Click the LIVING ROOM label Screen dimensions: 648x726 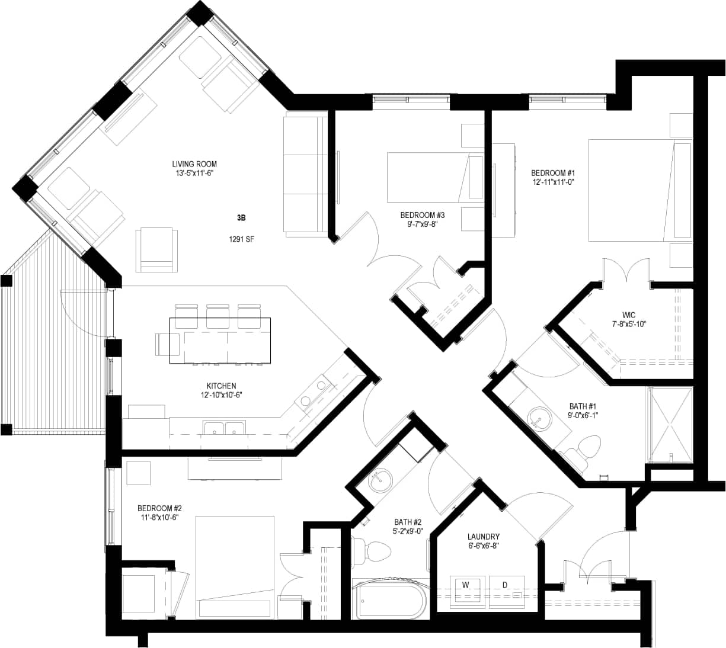click(194, 164)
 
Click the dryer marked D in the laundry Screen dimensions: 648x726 click(505, 590)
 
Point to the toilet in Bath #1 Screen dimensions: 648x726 click(587, 447)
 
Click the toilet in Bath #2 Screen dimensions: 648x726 click(372, 551)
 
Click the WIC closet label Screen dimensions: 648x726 click(629, 315)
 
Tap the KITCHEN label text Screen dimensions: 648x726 click(222, 386)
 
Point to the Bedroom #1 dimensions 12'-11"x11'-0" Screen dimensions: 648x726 click(554, 182)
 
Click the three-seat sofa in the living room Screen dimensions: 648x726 click(305, 175)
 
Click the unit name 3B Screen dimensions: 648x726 click(241, 218)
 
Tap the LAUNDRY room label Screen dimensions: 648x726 click(483, 537)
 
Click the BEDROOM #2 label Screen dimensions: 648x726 click(159, 508)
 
